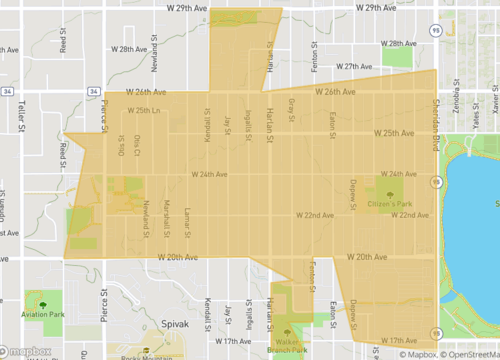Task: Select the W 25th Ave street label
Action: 392,133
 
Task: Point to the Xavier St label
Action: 494,100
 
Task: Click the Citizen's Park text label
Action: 391,204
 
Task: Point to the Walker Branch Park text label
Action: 288,346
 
